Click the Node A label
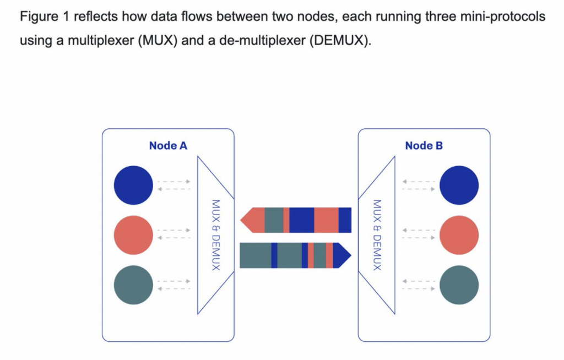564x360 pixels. pyautogui.click(x=168, y=146)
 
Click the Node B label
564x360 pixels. pyautogui.click(x=424, y=146)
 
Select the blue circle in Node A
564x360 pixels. pyautogui.click(x=133, y=186)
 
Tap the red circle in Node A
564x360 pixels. pyautogui.click(x=133, y=235)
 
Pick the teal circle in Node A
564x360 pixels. pyautogui.click(x=133, y=285)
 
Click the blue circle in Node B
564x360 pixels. pyautogui.click(x=459, y=186)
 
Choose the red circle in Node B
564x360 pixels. pyautogui.click(x=459, y=235)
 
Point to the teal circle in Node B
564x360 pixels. pyautogui.click(x=459, y=285)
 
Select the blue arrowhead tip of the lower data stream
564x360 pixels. pyautogui.click(x=345, y=255)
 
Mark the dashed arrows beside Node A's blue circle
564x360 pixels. pyautogui.click(x=174, y=186)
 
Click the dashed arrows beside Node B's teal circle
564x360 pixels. pyautogui.click(x=419, y=285)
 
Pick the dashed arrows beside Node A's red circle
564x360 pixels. pyautogui.click(x=174, y=235)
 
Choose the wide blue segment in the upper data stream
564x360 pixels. pyautogui.click(x=301, y=220)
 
